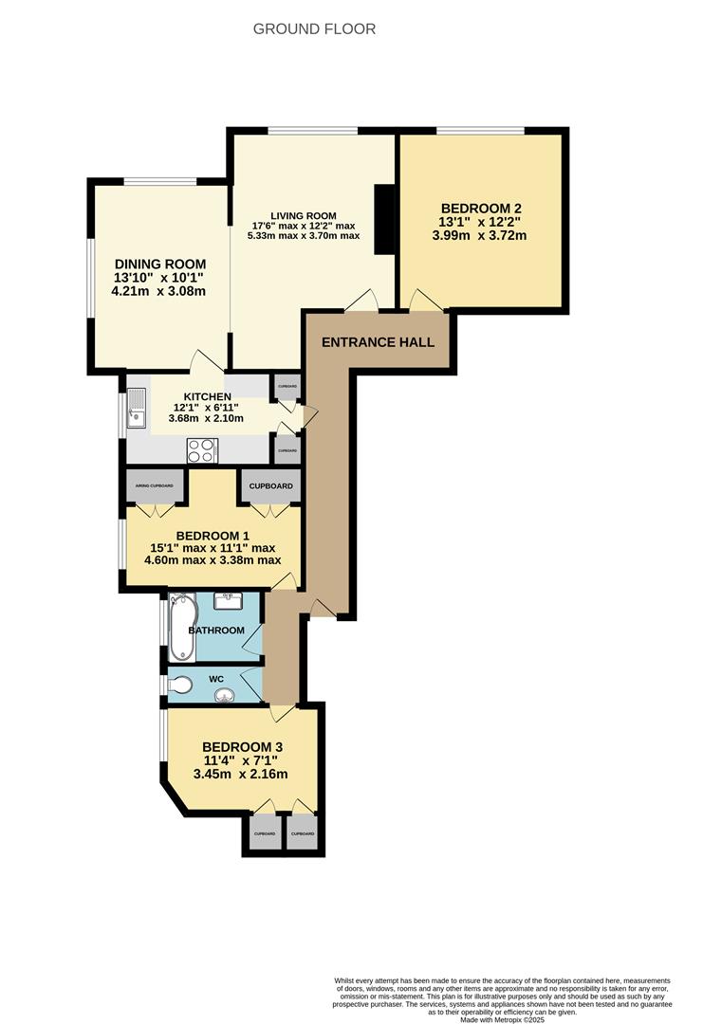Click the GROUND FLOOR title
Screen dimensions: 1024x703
314,28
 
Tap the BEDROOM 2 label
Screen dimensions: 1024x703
481,210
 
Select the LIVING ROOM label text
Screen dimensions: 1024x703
305,215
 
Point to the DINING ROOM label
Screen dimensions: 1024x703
160,265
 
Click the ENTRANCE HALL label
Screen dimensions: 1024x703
378,341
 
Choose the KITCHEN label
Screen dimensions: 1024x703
208,396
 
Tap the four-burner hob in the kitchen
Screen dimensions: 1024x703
202,449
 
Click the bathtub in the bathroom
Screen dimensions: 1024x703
182,627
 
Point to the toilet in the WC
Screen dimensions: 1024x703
180,685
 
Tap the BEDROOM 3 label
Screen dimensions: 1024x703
242,746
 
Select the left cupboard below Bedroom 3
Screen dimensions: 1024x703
265,833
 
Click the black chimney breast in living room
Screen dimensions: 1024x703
384,219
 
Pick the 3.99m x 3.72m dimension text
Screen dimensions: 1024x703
480,236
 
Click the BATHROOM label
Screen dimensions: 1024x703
216,631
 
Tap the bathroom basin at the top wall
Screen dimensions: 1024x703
229,598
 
